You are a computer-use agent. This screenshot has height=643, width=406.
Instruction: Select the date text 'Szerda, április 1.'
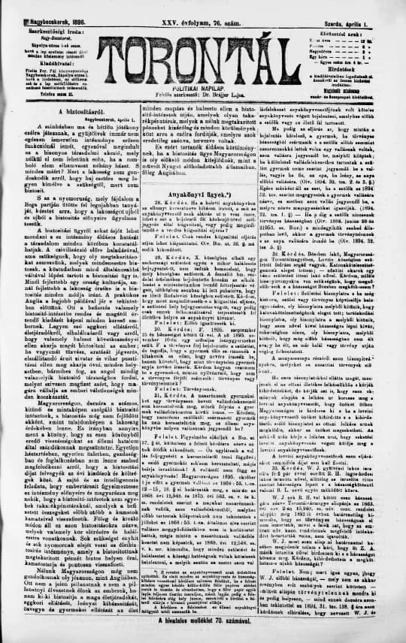tap(374, 5)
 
